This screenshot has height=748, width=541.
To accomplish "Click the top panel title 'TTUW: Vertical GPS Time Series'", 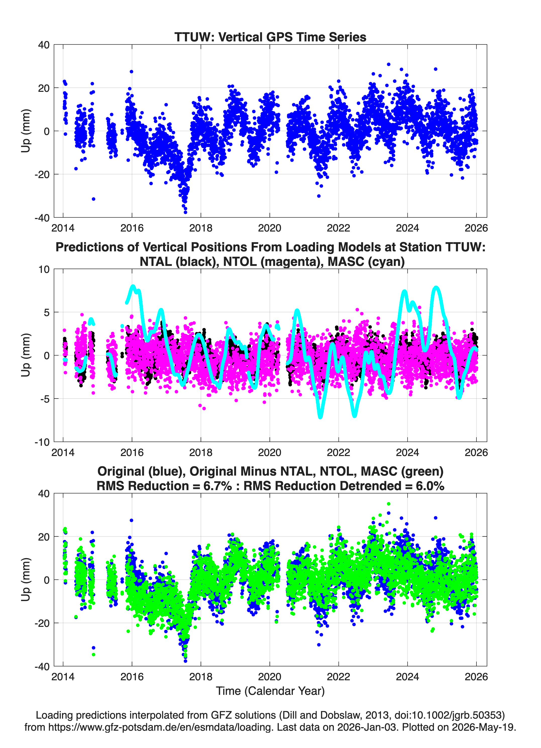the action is [270, 37].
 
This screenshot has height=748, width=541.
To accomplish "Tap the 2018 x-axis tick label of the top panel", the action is [201, 228].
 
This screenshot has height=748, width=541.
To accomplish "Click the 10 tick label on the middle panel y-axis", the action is [44, 269].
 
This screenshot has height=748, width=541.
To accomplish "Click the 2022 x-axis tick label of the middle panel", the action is [339, 453].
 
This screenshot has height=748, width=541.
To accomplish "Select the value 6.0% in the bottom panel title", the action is [430, 486].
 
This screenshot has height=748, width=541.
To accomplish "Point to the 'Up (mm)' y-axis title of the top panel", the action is [26, 131].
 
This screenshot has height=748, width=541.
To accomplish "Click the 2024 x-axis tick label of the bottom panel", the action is [407, 677].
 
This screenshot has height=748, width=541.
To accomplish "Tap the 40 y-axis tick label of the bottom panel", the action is [44, 494].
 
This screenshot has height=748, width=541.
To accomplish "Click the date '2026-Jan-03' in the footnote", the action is [367, 727].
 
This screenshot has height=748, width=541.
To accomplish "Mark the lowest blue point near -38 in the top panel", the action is [185, 212].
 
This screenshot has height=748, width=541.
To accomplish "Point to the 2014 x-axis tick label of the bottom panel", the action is [63, 677].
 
